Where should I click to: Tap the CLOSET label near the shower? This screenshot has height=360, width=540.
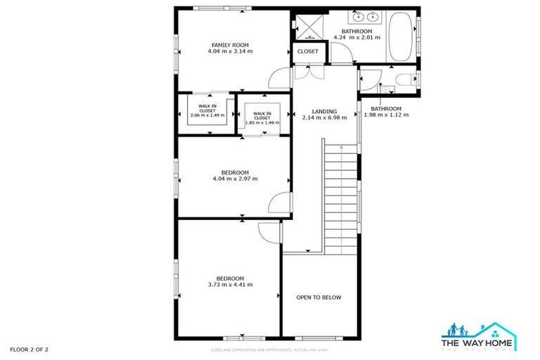pyautogui.click(x=307, y=51)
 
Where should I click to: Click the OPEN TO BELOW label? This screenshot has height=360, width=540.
pyautogui.click(x=319, y=297)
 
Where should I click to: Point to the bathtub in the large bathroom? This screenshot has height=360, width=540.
pyautogui.click(x=402, y=37)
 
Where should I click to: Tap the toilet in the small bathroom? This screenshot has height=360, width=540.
pyautogui.click(x=404, y=79)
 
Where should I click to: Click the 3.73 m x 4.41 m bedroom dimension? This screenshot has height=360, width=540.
pyautogui.click(x=231, y=285)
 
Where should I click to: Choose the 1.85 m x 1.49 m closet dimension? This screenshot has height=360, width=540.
pyautogui.click(x=262, y=122)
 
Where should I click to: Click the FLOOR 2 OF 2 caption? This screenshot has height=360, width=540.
pyautogui.click(x=29, y=349)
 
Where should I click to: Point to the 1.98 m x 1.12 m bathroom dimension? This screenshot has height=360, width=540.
pyautogui.click(x=386, y=115)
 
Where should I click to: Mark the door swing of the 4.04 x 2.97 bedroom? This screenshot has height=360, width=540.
pyautogui.click(x=279, y=202)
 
